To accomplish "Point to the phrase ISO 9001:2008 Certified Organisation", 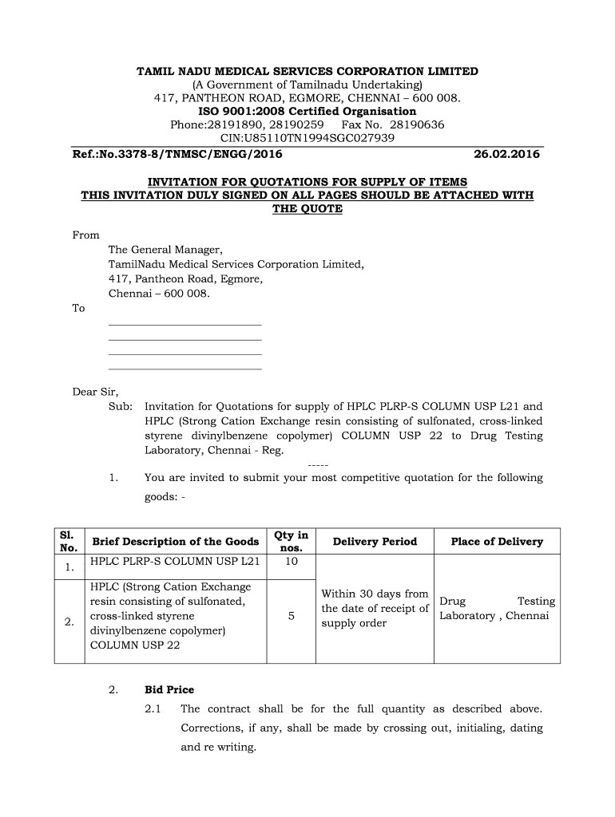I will [x=307, y=112].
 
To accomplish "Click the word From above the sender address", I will [x=86, y=235].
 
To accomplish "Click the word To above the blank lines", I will [x=79, y=309].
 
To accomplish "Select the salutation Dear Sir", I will [x=96, y=392].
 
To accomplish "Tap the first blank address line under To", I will [x=184, y=325].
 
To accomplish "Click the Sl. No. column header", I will [x=69, y=542].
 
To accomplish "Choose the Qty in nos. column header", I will [x=291, y=542].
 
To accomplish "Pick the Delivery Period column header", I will [x=375, y=542].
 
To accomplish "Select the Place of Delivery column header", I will [x=496, y=542].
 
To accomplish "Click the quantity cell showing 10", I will [x=291, y=562].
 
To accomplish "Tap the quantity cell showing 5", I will [x=291, y=617].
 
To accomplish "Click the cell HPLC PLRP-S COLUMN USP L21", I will [x=175, y=562].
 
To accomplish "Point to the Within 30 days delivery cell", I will [x=375, y=608].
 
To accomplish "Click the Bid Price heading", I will [x=169, y=689].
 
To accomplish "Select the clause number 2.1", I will [x=153, y=709].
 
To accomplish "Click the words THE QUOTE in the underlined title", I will [x=307, y=209].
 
